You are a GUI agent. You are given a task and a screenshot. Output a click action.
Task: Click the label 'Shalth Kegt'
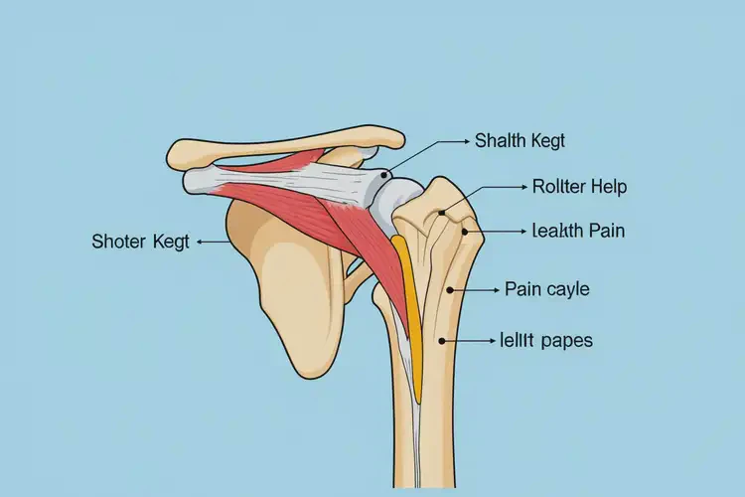click(520, 141)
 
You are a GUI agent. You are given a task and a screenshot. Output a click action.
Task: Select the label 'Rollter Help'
click(579, 187)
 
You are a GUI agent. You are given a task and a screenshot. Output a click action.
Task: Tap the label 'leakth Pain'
click(578, 231)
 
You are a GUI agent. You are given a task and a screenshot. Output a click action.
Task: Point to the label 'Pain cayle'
click(547, 289)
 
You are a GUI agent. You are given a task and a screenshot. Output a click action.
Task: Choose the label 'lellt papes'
click(546, 341)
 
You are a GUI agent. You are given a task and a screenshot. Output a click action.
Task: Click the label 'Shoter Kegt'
click(141, 242)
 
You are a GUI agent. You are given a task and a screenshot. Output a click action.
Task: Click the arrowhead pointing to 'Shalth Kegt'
click(466, 141)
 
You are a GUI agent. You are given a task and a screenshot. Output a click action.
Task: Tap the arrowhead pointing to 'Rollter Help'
click(524, 188)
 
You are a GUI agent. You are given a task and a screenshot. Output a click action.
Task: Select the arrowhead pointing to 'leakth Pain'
click(523, 232)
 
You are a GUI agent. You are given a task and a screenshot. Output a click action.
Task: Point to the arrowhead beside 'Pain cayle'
click(496, 289)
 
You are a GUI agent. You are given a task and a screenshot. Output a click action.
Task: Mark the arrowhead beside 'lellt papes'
click(493, 341)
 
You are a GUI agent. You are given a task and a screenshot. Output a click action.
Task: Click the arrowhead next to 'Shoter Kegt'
click(200, 243)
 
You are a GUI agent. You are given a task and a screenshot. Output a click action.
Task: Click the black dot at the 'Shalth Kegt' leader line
click(383, 176)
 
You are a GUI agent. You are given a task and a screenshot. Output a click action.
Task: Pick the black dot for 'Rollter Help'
click(442, 213)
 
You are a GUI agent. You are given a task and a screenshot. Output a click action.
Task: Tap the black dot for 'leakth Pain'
click(465, 232)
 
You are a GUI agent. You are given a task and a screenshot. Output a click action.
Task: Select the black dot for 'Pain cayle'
click(449, 289)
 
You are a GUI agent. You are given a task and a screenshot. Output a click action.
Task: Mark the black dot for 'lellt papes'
click(442, 341)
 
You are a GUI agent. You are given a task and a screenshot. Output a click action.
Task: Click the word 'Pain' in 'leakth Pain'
click(607, 231)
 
